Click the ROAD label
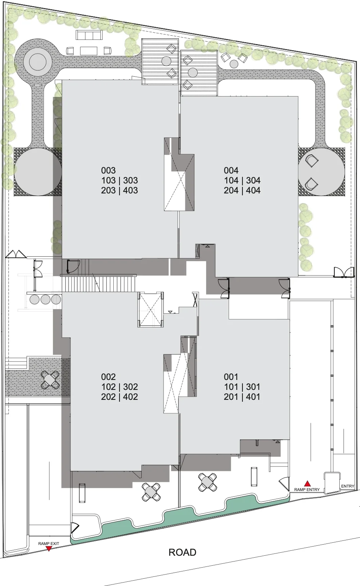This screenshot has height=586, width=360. (x=182, y=553)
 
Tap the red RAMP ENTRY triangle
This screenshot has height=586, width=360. (x=308, y=483)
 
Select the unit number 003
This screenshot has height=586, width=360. (x=108, y=170)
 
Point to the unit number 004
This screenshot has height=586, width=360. (x=231, y=170)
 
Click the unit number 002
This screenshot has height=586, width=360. (x=108, y=377)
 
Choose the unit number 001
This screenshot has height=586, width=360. (x=231, y=377)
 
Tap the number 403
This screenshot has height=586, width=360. (x=131, y=190)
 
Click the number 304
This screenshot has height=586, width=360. (x=253, y=180)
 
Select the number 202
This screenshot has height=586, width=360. (x=108, y=397)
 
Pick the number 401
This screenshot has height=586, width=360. (x=253, y=397)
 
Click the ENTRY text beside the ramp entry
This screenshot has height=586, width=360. (x=348, y=486)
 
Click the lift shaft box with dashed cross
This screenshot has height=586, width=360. (x=151, y=309)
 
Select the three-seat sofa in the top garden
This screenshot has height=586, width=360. (x=89, y=35)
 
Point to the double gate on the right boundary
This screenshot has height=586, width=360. (x=344, y=272)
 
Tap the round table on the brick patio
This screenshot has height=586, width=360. (x=50, y=380)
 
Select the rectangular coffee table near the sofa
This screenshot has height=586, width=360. (x=89, y=51)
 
